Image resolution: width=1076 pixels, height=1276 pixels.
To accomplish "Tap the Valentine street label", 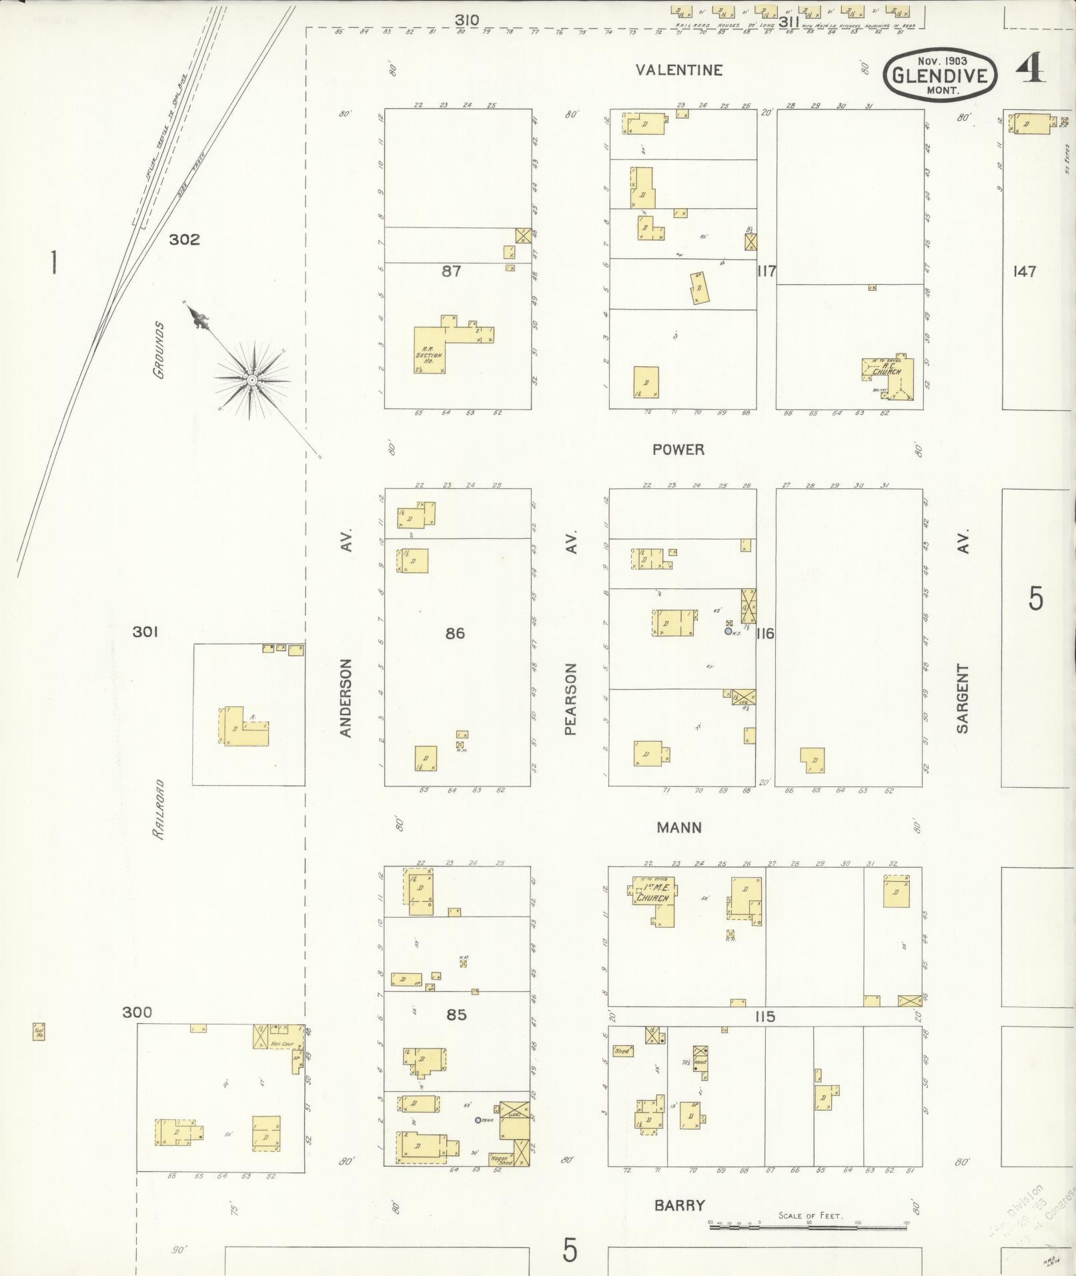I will tap(678, 70).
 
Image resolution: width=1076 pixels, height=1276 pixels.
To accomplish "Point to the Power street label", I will tap(678, 450).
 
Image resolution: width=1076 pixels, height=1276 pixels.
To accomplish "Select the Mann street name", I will tap(678, 828).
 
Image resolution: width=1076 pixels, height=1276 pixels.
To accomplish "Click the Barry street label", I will tap(678, 1205).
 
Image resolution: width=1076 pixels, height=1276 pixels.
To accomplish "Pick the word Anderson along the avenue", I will tap(346, 698).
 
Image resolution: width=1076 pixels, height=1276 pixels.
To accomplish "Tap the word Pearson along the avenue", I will tap(570, 698).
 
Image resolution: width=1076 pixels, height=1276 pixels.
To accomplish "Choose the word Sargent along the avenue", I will tap(962, 698).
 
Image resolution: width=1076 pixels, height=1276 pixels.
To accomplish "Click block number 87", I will tap(452, 271).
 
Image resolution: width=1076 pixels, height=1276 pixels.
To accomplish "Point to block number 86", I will tap(455, 633).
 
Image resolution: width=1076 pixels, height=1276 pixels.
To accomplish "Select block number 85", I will tap(456, 1015).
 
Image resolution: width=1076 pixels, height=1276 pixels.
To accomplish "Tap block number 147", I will tap(1024, 271).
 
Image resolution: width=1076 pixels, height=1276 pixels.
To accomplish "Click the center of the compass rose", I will tap(252, 380).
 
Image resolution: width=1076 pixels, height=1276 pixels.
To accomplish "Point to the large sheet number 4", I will tap(1030, 69).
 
